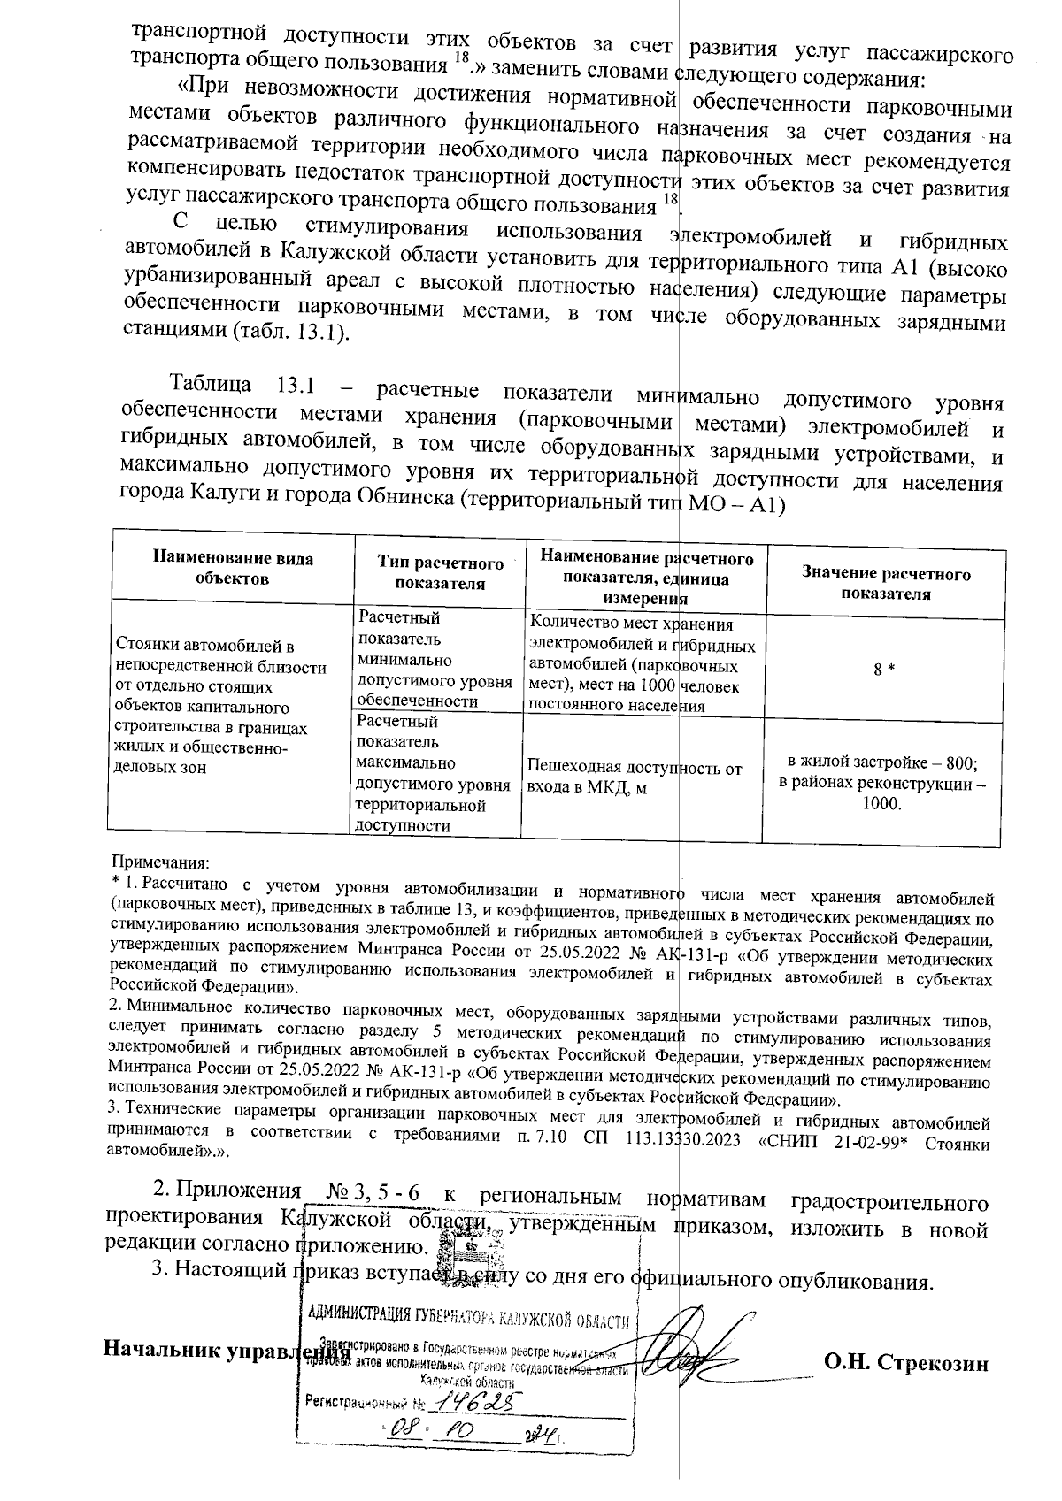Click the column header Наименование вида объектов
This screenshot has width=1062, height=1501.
(x=233, y=570)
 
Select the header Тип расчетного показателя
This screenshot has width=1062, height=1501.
(x=440, y=573)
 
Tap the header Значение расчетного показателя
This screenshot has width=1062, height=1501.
(x=885, y=584)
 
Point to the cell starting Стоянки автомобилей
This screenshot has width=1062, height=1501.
(x=221, y=707)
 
